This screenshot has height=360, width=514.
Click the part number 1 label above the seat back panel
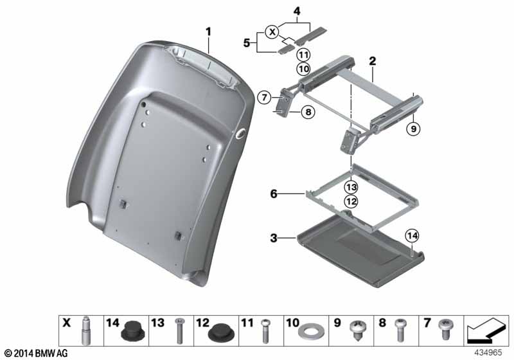[x=208, y=32]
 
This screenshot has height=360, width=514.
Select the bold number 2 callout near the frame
[x=373, y=61]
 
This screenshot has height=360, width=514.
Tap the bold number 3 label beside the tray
[x=274, y=238]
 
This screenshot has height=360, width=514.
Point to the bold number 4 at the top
[x=297, y=12]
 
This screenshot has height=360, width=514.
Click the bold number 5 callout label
[x=247, y=43]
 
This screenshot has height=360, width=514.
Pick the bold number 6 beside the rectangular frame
[x=274, y=194]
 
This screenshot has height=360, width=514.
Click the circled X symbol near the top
[x=272, y=32]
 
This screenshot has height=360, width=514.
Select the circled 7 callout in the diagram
[x=264, y=97]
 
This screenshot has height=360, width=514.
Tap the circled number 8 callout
[x=308, y=112]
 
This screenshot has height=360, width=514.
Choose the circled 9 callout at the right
[x=413, y=129]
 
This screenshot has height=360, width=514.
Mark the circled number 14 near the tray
[x=412, y=236]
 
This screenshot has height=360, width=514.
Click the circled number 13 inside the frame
[x=351, y=188]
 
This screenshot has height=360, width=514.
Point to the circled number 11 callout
[x=303, y=55]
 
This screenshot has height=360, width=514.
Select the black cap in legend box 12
[x=221, y=334]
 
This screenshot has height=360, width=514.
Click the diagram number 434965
[x=488, y=353]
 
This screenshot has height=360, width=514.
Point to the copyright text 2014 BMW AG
[x=37, y=354]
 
